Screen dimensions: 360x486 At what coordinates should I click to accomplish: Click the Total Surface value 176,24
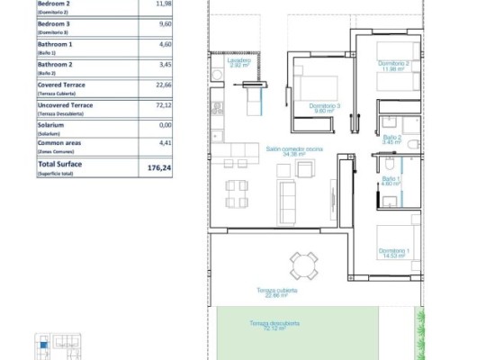[158, 167]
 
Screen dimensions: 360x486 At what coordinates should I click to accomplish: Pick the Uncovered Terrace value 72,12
[163, 105]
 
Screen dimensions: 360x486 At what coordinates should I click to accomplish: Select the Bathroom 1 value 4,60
[165, 44]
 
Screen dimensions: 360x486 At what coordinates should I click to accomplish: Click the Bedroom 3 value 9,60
[165, 24]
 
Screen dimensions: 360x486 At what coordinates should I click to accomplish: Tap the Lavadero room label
[239, 62]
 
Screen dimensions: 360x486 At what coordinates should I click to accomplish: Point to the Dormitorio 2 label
[393, 65]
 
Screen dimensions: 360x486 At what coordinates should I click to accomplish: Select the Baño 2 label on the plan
[390, 139]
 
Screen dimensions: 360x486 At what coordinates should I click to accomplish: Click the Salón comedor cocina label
[293, 151]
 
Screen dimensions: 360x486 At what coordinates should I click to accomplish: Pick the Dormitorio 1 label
[393, 251]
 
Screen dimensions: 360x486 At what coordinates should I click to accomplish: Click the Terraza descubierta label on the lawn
[275, 325]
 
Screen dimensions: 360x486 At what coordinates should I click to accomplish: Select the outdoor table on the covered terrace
[303, 264]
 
